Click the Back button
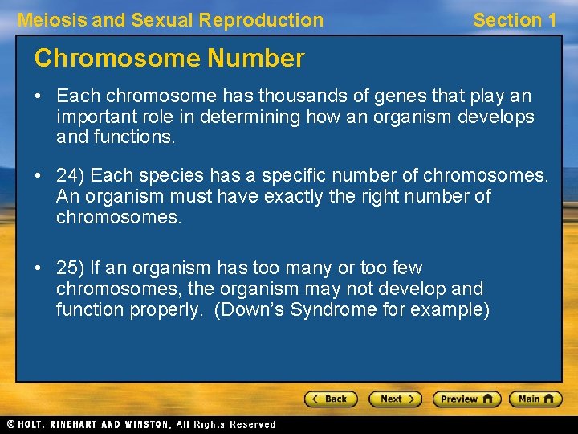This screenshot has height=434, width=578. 330,399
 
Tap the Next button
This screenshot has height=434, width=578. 394,399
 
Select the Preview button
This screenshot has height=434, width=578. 466,399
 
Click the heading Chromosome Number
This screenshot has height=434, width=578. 169,58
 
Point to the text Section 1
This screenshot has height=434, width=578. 515,20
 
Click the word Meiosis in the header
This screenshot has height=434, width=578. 52,20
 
